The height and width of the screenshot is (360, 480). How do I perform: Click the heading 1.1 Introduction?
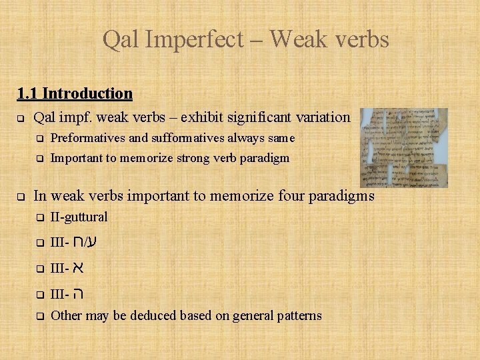75,93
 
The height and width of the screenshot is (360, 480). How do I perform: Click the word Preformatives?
87,139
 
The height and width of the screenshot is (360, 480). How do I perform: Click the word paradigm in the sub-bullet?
265,158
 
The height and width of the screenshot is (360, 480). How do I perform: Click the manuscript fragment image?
403,147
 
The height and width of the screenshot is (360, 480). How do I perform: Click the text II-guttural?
79,217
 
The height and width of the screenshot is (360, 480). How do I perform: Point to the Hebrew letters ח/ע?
85,242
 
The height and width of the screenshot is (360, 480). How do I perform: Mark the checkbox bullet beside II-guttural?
39,218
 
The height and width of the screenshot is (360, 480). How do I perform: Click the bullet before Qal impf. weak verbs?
21,119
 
